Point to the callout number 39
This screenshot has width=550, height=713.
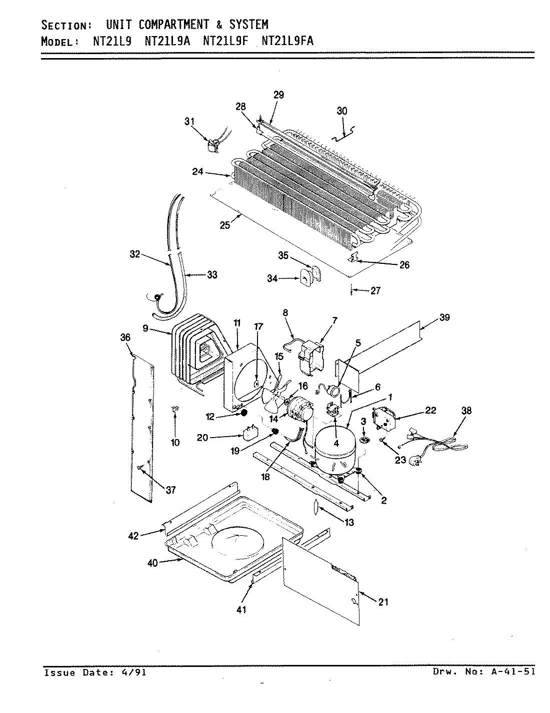coord(444,317)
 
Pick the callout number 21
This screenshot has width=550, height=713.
coord(383,602)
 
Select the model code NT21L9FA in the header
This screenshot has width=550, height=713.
coord(287,42)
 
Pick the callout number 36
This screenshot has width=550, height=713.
coord(125,338)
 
